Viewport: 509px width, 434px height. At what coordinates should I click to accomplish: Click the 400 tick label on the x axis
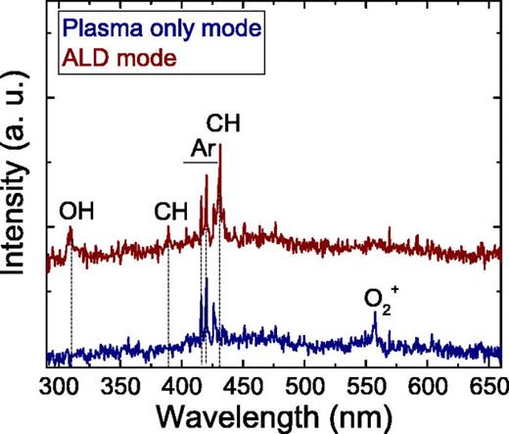(181, 381)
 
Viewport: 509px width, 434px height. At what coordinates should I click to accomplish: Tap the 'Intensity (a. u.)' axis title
(18, 186)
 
